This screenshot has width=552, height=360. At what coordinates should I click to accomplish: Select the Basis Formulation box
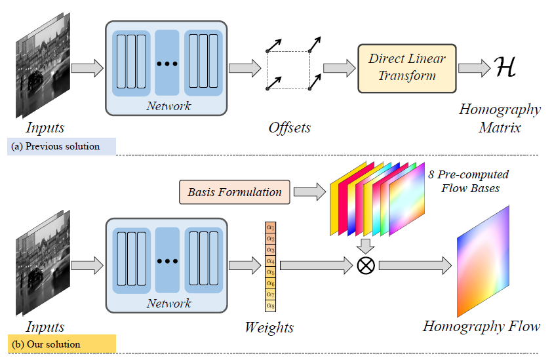click(x=234, y=192)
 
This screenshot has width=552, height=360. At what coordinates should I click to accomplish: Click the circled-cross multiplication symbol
click(x=365, y=266)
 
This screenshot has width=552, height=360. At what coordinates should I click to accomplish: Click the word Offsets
click(x=289, y=128)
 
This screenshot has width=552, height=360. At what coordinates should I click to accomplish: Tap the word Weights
click(x=269, y=327)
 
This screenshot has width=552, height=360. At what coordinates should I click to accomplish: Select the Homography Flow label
click(x=481, y=326)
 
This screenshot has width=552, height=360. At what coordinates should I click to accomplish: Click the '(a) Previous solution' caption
click(x=62, y=146)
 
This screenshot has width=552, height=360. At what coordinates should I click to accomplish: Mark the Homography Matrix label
click(x=499, y=118)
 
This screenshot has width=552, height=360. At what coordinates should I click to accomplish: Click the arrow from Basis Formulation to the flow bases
click(x=310, y=192)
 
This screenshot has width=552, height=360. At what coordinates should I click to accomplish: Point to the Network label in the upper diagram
click(x=168, y=106)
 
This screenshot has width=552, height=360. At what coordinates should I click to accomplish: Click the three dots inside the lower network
click(x=167, y=261)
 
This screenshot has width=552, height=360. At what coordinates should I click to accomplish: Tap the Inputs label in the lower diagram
click(x=45, y=326)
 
